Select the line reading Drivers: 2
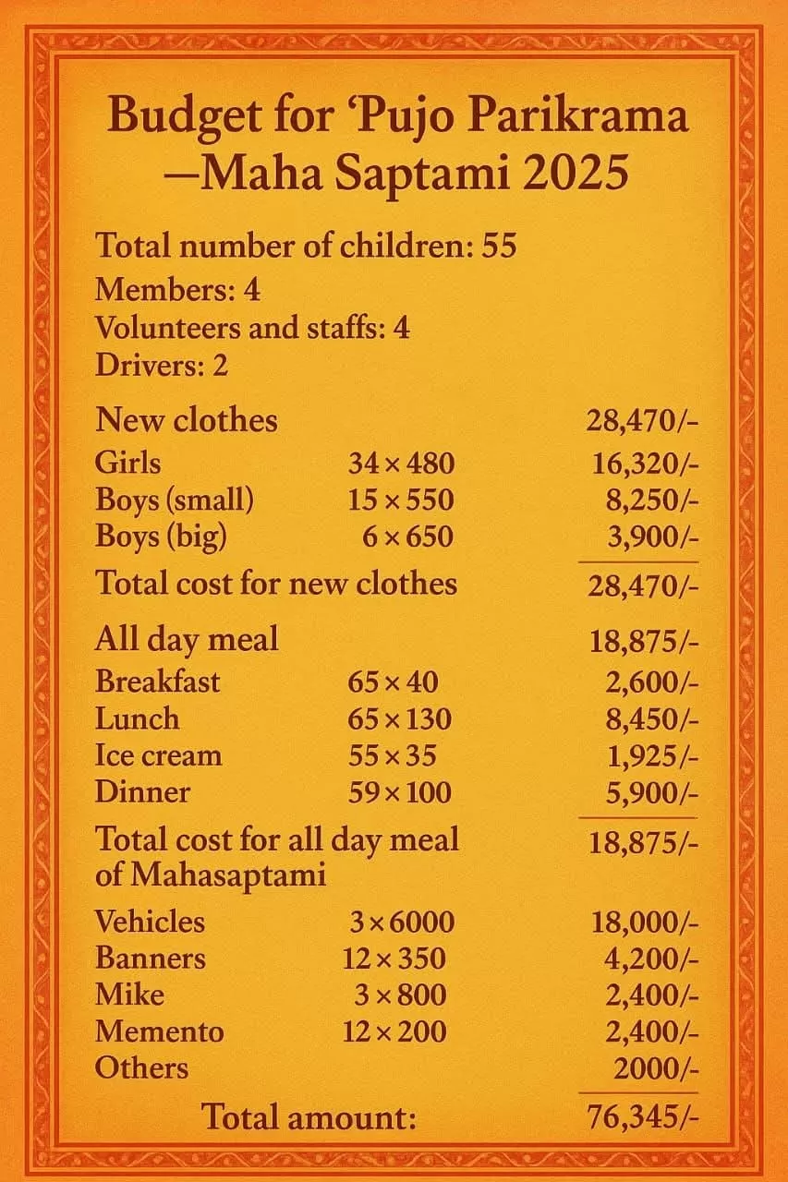[x=162, y=365]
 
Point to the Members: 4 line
[x=177, y=290]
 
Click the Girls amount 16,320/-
[x=644, y=464]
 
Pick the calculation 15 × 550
[x=401, y=500]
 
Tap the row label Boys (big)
[x=161, y=537]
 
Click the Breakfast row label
[x=158, y=681]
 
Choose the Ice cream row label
[x=158, y=755]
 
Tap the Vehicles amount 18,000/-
[x=644, y=923]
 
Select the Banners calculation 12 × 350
[x=394, y=959]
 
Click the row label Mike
[x=129, y=995]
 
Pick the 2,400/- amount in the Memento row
[x=651, y=1031]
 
